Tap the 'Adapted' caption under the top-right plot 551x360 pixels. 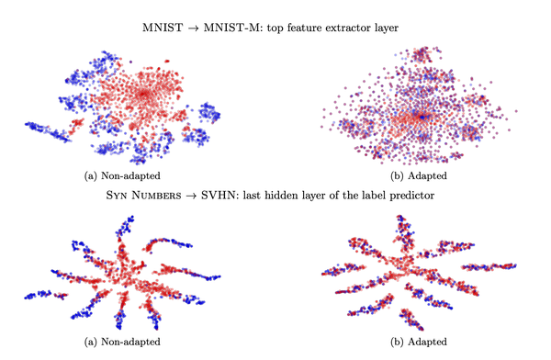coord(426,174)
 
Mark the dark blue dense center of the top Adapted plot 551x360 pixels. coord(419,117)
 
